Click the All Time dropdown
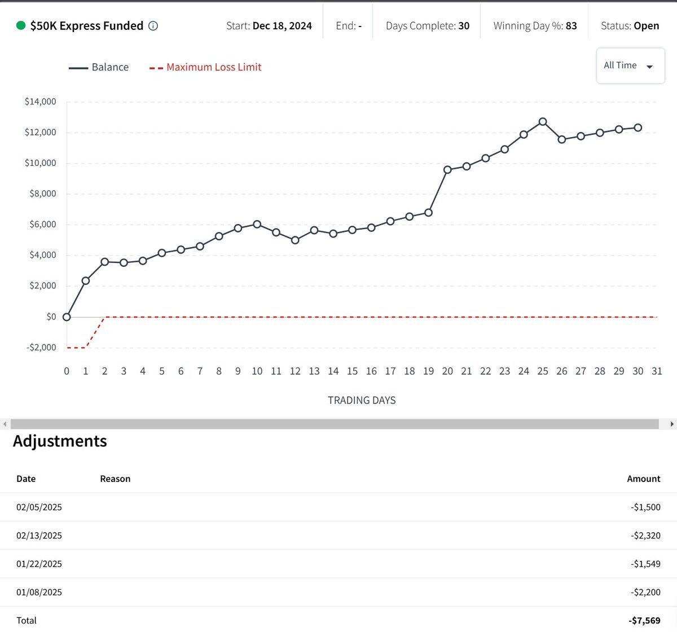[x=630, y=66]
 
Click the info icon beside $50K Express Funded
[x=153, y=26]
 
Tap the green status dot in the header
[x=21, y=25]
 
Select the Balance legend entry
[x=99, y=67]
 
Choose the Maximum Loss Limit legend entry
[x=205, y=67]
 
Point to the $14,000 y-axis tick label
[x=41, y=102]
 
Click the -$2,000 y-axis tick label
[x=41, y=348]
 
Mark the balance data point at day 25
[x=543, y=121]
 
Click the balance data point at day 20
[x=447, y=169]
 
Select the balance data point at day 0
[x=67, y=317]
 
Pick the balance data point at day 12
[x=295, y=240]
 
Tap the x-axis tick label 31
[x=657, y=371]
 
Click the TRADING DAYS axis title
[x=362, y=400]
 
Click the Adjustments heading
[x=60, y=441]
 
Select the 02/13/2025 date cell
[x=39, y=536]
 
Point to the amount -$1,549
[x=645, y=564]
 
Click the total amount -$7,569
[x=644, y=620]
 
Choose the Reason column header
[x=115, y=479]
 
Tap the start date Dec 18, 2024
[x=282, y=26]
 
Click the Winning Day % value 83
[x=571, y=26]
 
